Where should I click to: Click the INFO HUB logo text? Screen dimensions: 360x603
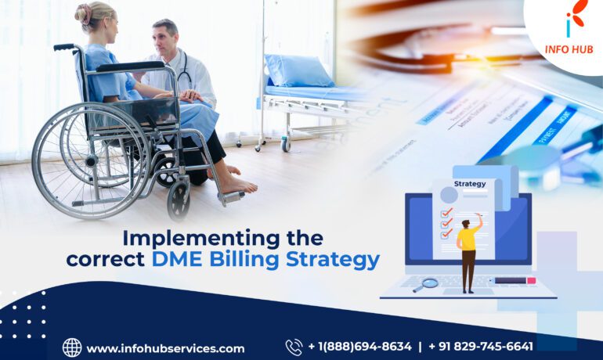[569, 49]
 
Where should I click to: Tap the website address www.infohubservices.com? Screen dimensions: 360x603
[165, 348]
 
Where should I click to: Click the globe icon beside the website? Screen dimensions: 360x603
[72, 347]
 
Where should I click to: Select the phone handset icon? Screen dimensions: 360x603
[294, 347]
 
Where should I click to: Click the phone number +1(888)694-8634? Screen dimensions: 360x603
[359, 347]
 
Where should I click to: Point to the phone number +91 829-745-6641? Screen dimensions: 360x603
[481, 347]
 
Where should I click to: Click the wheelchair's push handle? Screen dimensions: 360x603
[64, 48]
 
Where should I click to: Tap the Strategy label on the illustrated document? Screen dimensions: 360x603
[470, 184]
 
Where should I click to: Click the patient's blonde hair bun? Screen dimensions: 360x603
[82, 13]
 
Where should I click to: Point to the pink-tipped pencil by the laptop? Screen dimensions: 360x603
[512, 280]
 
